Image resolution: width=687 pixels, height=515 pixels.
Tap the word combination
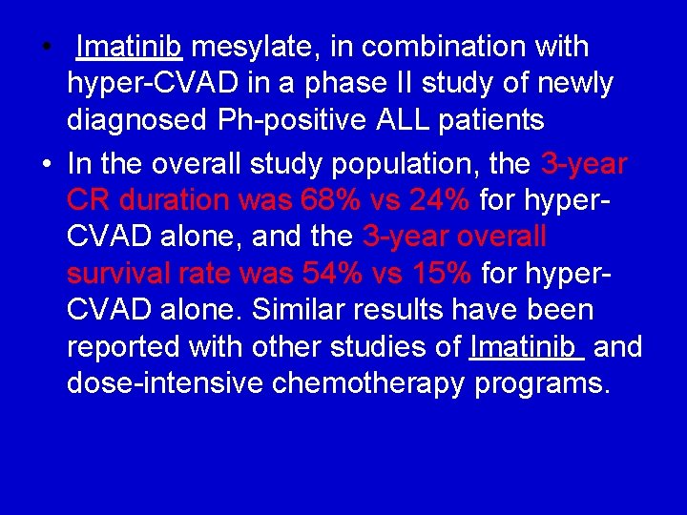coord(448,47)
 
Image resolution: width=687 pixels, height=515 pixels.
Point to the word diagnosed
coord(139,121)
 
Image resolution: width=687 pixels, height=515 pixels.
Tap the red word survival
coord(118,274)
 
